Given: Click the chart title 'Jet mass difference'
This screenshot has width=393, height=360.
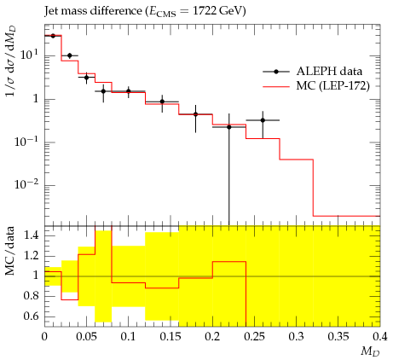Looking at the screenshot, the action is point(93,11).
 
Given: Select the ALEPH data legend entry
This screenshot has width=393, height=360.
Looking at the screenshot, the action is point(313,72).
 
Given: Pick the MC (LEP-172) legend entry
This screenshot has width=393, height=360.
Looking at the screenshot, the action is point(316,85).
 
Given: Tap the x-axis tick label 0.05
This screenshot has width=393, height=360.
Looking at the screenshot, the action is point(86,337).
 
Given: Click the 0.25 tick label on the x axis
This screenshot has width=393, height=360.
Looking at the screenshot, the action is point(254,337).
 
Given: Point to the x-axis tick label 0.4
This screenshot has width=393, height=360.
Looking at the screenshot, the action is point(380,337).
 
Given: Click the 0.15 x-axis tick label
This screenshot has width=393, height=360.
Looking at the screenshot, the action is point(170,337).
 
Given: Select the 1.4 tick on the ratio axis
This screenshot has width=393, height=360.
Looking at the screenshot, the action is point(31,235).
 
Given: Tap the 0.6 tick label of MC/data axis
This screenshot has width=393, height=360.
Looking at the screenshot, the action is point(31,316).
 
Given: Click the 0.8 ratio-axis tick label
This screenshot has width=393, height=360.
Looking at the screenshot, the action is point(31,296).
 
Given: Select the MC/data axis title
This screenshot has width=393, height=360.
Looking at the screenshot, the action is point(9,251).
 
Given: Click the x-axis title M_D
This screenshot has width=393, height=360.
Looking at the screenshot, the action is point(371,352).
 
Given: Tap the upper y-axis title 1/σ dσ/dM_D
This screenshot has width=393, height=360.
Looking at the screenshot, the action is point(10,61).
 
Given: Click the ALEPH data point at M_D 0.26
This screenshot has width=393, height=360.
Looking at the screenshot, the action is point(263,120).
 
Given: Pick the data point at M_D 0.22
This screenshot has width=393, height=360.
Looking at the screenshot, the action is point(229,127).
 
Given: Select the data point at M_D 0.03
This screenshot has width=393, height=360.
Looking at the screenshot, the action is point(70,55).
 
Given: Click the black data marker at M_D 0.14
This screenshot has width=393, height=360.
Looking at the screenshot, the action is point(162,102).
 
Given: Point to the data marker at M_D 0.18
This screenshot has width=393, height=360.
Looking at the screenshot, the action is point(195,114).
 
